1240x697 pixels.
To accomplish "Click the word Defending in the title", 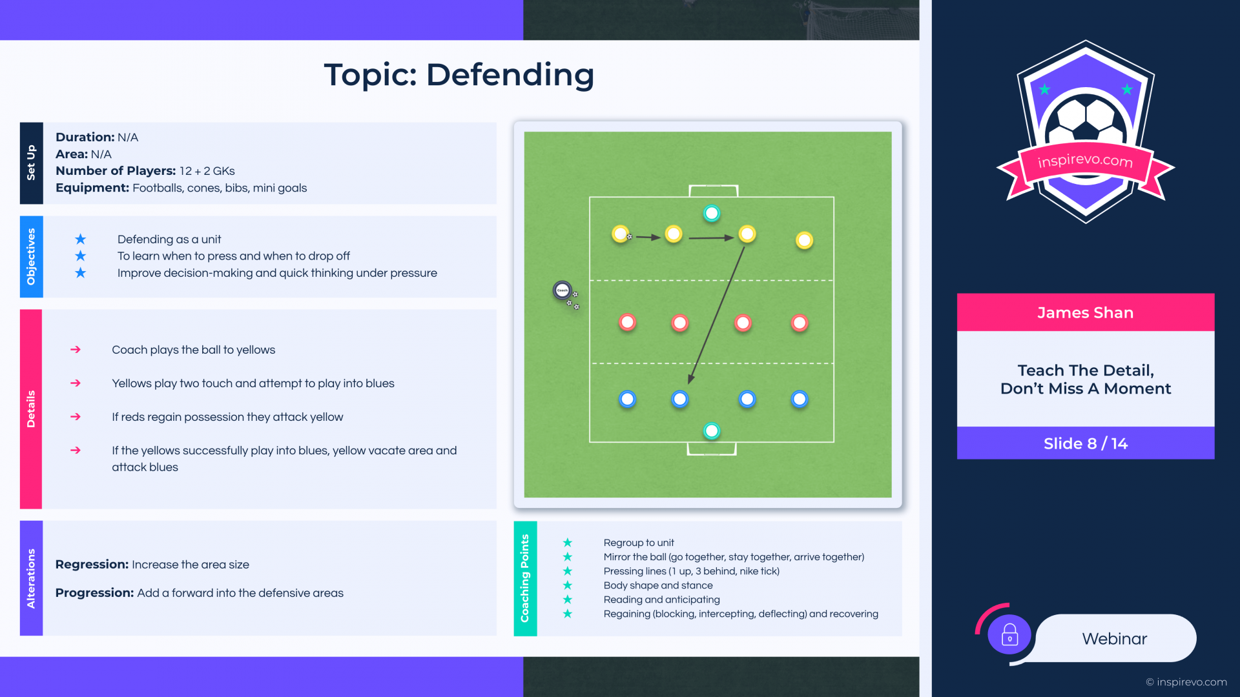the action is (x=510, y=75).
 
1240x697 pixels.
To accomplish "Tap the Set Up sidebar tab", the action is (x=31, y=163).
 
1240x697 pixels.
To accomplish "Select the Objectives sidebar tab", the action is (x=31, y=256).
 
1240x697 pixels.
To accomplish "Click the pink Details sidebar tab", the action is (x=31, y=409).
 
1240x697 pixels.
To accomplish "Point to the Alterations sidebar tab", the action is (x=31, y=578).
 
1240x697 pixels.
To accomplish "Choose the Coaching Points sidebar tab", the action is (x=525, y=578).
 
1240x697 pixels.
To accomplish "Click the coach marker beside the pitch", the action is (x=563, y=290).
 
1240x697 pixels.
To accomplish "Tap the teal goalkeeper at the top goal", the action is (x=712, y=213).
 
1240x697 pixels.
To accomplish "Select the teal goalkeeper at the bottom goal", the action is (x=712, y=430).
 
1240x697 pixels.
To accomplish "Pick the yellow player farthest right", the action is (x=804, y=241).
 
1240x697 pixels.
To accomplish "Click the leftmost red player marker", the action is (x=627, y=322).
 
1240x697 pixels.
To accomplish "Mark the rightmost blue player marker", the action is (x=800, y=399).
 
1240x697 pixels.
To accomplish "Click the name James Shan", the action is (x=1085, y=313).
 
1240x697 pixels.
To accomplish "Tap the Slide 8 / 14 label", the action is (x=1086, y=443).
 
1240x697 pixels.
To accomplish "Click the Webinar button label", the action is (x=1115, y=639).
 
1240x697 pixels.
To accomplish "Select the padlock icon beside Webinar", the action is (x=1009, y=635).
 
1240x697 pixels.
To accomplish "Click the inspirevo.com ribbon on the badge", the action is (x=1085, y=161).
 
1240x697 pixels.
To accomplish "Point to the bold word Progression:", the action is (x=94, y=593).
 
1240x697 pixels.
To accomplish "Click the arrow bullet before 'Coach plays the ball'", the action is (x=76, y=349).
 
